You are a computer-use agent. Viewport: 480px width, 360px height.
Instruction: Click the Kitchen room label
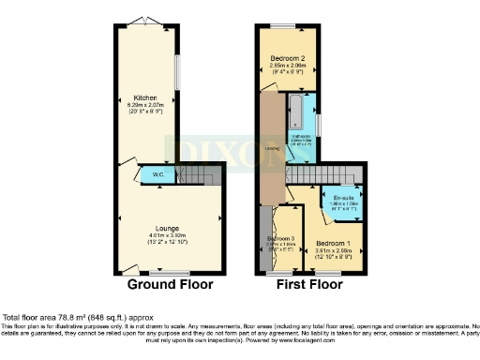coord(144,97)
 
